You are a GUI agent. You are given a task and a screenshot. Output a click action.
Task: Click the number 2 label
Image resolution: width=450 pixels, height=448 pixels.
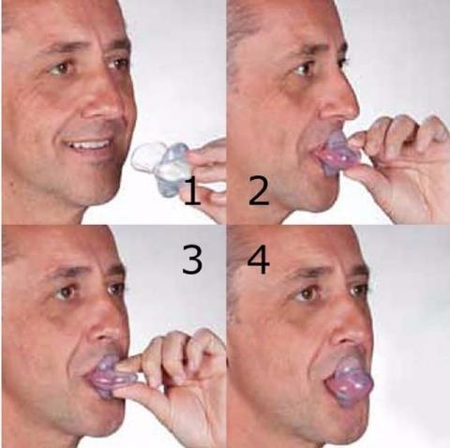[259, 192]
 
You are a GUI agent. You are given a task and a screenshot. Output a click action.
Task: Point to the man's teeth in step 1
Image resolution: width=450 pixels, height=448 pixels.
[93, 146]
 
